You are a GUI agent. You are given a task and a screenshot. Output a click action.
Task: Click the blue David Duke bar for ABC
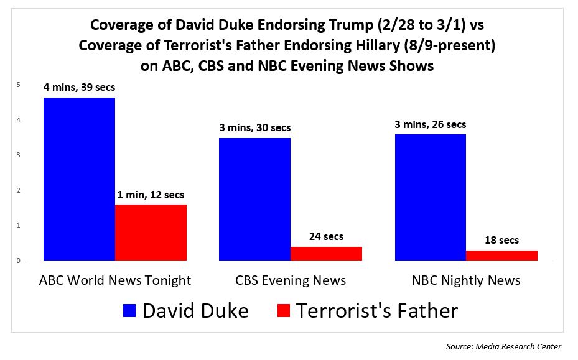coord(79,179)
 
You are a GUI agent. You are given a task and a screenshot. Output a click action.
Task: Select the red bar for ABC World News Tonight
coord(151,233)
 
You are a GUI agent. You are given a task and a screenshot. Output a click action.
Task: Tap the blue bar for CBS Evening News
coord(254,199)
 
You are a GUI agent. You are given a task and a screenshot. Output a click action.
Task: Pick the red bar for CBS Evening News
coord(326,254)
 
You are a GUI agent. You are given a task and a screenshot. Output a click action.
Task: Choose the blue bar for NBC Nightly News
coord(430,197)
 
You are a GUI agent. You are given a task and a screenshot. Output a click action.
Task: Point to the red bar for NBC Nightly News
coord(501,256)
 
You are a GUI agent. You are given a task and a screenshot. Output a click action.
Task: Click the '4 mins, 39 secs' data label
coord(79,88)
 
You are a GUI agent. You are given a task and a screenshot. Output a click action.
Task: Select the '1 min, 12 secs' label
coord(151,195)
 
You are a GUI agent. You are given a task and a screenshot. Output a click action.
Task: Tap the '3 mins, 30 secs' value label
coord(254,128)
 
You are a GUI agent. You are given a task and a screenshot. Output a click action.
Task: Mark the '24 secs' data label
coord(326,237)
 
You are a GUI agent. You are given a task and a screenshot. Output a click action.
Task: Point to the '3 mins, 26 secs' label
coord(430,125)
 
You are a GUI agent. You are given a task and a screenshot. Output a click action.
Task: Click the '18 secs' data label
coord(501,240)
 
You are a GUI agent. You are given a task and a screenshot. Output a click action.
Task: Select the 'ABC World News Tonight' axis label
coord(115,280)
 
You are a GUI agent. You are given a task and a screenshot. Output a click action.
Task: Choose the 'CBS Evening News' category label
coord(290,280)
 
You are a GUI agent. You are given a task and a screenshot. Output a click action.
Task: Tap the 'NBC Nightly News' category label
coord(466,280)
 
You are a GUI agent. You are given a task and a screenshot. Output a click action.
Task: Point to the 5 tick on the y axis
coord(19,85)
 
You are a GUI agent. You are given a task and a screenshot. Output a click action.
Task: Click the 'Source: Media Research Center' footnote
coord(504,346)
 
